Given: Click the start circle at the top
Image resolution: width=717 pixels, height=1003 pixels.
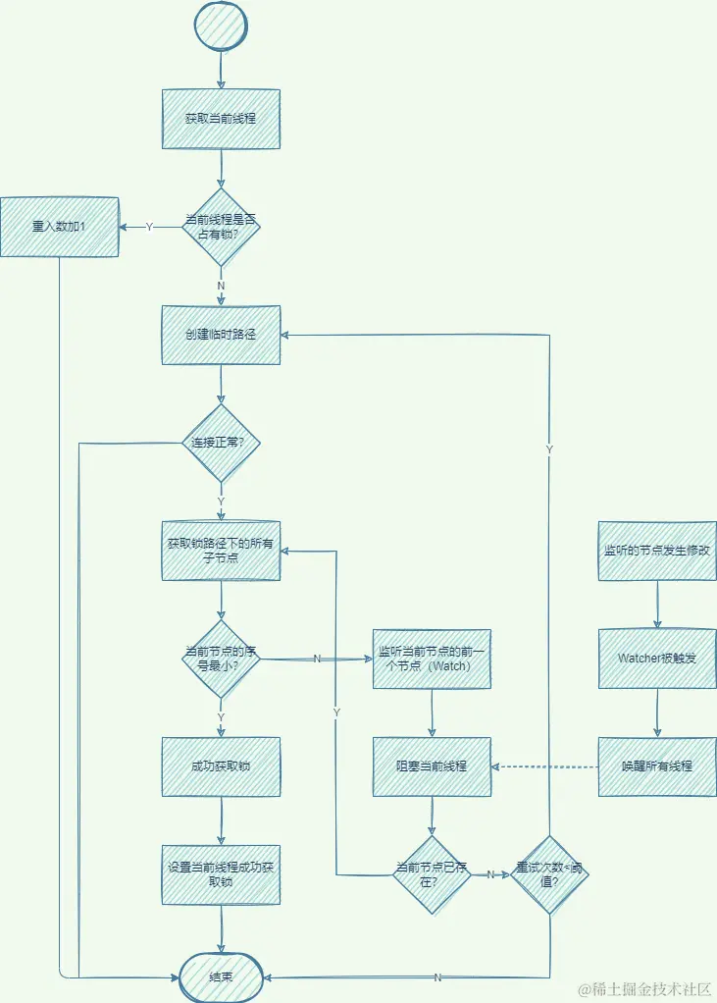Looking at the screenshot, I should pos(221,26).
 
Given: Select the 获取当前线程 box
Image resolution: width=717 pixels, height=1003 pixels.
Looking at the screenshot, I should pos(221,119).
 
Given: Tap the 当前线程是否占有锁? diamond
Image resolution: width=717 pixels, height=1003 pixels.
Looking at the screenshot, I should pos(221,227).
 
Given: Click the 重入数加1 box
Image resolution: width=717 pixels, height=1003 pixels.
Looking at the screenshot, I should pos(59,227).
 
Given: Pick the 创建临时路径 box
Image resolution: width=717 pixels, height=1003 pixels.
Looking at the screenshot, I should pos(221,335).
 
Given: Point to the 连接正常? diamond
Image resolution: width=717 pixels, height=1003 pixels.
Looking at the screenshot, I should pos(221,443).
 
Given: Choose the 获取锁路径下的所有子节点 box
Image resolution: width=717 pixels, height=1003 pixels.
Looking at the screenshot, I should pos(221,551).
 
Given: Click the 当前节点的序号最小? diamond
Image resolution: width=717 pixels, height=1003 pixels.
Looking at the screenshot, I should pos(221,659).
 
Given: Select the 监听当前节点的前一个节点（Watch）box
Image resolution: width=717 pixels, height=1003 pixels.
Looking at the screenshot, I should pos(432,659).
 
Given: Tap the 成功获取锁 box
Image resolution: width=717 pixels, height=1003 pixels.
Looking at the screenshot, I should pos(221,766).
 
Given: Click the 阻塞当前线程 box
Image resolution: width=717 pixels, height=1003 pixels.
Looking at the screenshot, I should pos(432,766).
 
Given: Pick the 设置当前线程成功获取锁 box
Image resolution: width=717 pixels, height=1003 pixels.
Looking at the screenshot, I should pos(221,874).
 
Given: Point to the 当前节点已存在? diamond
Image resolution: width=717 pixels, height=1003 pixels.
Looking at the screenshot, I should pos(432,874).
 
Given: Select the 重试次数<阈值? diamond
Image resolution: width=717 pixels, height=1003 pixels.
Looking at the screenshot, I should pos(549,874).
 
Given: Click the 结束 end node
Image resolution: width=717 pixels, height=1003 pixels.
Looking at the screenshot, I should pos(221,977).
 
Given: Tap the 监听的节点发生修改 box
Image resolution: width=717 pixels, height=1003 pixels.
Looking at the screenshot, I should pos(657,551).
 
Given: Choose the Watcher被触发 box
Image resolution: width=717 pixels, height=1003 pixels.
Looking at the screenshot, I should pos(657,659).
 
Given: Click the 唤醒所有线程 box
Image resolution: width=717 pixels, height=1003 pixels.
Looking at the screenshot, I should pos(657,766).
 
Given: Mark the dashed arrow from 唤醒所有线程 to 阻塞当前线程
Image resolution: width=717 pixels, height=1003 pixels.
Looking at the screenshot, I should pos(545,766).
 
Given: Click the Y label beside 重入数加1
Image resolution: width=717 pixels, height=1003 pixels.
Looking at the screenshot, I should pos(149,227).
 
